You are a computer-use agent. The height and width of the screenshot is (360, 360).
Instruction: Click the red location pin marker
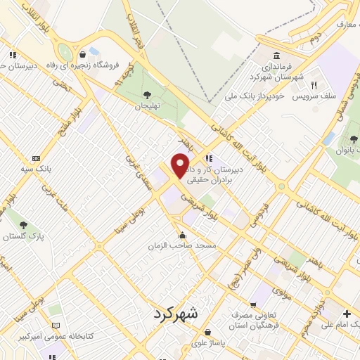(x=181, y=165)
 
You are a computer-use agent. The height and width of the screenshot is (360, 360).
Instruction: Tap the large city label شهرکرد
(x=185, y=314)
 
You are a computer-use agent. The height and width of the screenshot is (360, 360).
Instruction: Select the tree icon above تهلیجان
(x=146, y=94)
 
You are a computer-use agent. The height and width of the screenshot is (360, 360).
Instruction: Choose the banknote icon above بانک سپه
(x=36, y=158)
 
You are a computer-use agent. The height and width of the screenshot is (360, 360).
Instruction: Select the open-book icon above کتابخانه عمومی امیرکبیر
(x=56, y=326)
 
